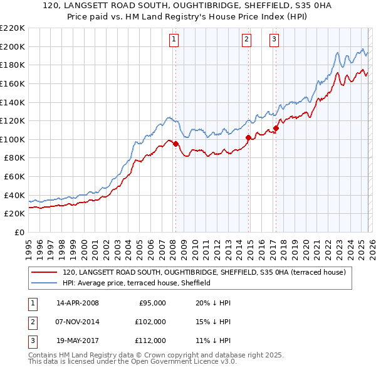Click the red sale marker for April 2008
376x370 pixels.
pyautogui.click(x=175, y=144)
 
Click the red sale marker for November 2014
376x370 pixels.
pyautogui.click(x=249, y=137)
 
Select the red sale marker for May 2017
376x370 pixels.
pyautogui.click(x=276, y=128)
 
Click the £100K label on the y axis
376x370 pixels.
pyautogui.click(x=12, y=139)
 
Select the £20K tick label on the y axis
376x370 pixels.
pyautogui.click(x=14, y=213)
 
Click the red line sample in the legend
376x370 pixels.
pyautogui.click(x=44, y=273)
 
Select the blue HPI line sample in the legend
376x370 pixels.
pyautogui.click(x=44, y=283)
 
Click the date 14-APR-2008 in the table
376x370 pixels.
pyautogui.click(x=78, y=303)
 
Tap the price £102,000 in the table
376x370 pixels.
pyautogui.click(x=150, y=322)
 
